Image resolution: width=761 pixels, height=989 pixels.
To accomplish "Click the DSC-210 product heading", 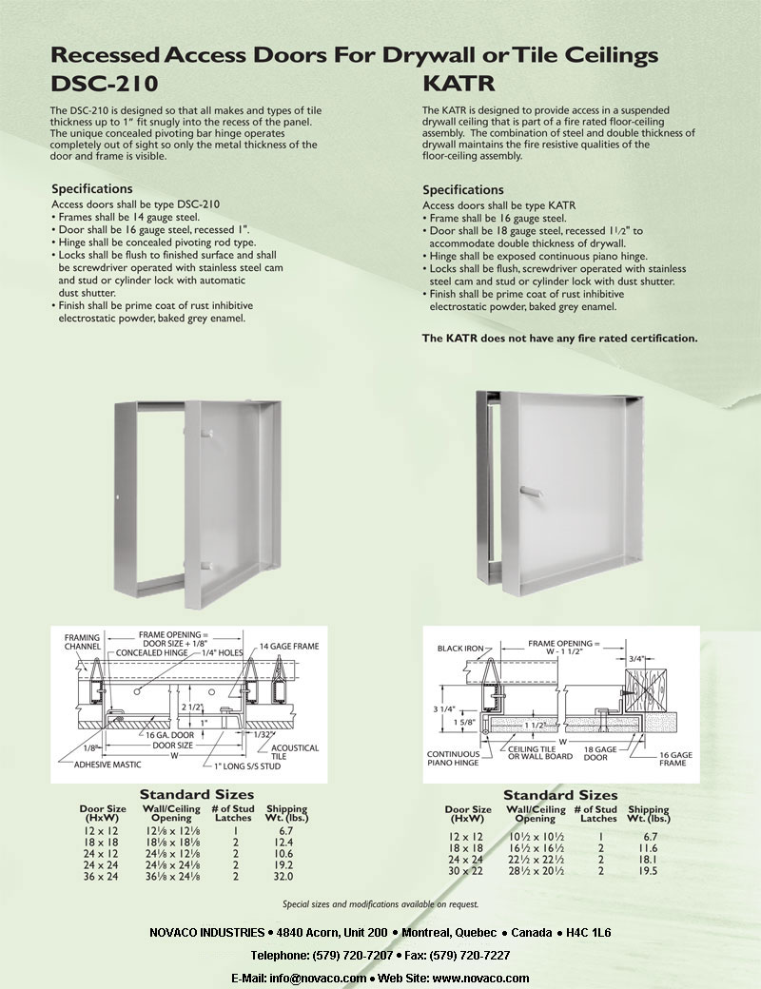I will click(104, 83).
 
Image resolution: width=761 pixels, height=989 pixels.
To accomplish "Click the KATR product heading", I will click(455, 83).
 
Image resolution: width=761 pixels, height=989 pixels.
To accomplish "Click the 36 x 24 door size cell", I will click(100, 875).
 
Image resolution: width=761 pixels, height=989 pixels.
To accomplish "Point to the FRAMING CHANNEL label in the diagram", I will click(84, 643).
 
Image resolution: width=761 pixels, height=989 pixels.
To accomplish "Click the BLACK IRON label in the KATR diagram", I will click(463, 649).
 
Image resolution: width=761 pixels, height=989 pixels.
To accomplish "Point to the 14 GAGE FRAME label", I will click(289, 647).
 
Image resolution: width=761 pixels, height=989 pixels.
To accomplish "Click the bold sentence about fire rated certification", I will click(559, 338).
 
